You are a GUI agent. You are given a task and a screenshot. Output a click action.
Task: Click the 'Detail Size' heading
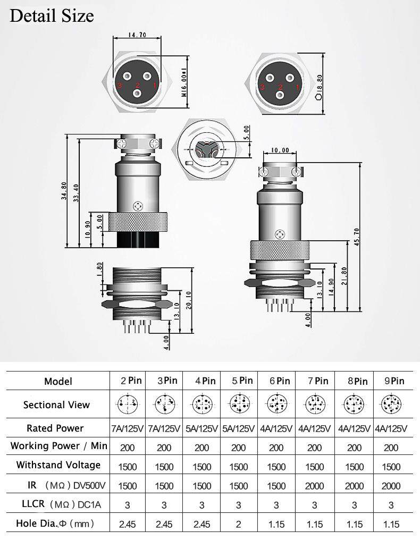coord(52,15)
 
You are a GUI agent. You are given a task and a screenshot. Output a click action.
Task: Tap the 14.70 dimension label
coord(137,36)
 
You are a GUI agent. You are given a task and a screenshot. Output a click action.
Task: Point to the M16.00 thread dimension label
coord(184,82)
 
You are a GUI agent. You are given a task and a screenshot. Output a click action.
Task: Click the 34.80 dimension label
coord(64,190)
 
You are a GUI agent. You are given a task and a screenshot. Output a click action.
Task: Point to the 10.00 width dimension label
coord(280,150)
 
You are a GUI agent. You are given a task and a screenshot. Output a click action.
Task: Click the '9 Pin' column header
coord(394,381)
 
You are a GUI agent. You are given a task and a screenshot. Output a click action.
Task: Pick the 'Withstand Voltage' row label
coord(58,465)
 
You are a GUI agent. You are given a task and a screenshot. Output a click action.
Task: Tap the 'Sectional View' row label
coord(56,405)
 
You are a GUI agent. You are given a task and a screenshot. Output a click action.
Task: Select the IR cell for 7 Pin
coord(315,486)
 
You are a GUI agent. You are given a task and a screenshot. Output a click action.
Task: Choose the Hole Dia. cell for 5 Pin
coord(239,524)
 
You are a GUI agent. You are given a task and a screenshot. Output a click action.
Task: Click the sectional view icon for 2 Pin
coord(128,405)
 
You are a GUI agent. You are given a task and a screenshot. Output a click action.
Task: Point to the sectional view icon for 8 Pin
coord(354,405)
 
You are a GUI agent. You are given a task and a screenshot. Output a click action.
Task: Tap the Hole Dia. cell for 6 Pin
coord(276,524)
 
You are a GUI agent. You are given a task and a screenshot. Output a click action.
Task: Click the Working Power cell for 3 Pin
coord(164,448)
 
